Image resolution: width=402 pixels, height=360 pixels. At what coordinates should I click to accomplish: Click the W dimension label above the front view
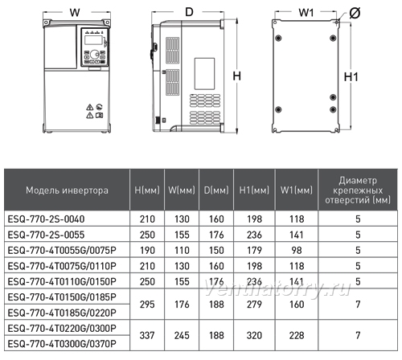point(75,12)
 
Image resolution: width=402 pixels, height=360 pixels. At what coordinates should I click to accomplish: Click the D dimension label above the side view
point(189,12)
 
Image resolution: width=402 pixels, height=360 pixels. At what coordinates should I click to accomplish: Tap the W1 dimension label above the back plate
point(306,12)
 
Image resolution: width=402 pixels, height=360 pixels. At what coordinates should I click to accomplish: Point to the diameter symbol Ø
point(355,13)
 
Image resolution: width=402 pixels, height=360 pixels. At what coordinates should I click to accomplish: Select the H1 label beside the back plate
point(351,77)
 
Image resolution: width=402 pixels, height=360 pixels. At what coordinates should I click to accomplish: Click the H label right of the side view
point(236,76)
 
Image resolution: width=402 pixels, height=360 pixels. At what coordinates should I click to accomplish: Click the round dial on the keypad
point(94,55)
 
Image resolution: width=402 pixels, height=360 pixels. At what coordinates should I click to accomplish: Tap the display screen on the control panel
point(93,40)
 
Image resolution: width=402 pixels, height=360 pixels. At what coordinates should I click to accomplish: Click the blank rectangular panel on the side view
point(204,74)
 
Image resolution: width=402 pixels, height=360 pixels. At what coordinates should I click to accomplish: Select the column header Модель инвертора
point(67,190)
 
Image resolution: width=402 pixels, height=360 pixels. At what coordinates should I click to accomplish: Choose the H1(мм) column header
point(254,190)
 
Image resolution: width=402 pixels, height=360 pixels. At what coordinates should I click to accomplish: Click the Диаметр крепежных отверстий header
point(358,190)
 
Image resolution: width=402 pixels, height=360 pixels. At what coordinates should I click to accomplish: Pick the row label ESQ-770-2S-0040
point(46,219)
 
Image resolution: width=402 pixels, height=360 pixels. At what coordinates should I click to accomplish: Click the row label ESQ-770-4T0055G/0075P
point(62,251)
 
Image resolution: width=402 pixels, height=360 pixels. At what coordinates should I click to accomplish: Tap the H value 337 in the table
point(147,335)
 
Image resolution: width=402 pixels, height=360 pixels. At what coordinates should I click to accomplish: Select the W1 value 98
point(297,251)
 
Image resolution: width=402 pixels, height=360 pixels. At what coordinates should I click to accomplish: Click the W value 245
point(182,335)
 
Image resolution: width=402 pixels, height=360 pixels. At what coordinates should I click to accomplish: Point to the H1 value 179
point(254,251)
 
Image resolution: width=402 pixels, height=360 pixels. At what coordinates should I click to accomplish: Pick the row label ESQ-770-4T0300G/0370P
point(62,344)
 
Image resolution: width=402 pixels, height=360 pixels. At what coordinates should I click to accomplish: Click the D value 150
point(216,251)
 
